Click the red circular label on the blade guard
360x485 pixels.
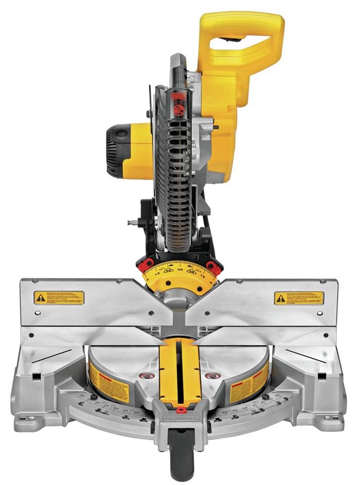click(179, 110)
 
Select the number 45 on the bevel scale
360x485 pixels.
click(180, 268)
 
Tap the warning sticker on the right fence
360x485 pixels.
click(299, 298)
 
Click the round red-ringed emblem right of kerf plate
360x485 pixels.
click(213, 376)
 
